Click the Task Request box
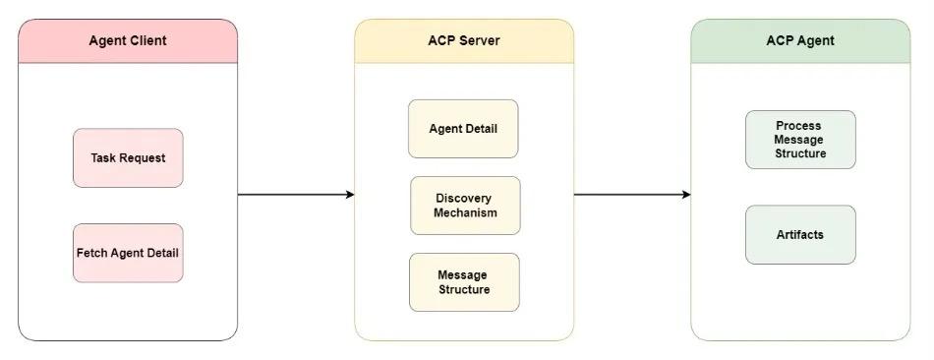128,157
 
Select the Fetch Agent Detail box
128,253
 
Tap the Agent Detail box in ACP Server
463,129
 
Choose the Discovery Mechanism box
465,206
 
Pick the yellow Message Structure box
464,282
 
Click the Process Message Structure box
799,140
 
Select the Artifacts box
799,235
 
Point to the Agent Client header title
128,41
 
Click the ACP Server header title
464,41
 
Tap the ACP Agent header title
799,41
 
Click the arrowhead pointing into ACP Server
349,195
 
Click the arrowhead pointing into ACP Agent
685,195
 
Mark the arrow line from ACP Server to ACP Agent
629,195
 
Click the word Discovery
464,199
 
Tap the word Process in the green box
798,126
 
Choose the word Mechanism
465,212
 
